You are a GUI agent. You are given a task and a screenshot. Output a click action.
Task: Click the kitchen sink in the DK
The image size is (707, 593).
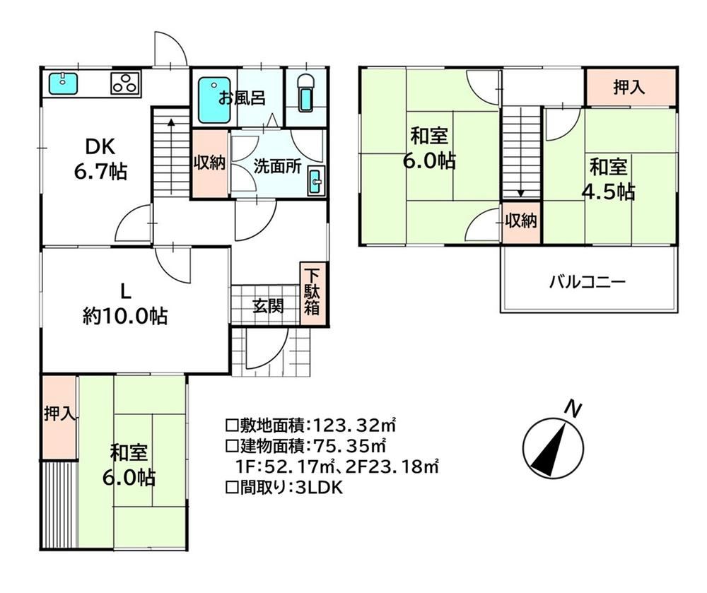point(62,83)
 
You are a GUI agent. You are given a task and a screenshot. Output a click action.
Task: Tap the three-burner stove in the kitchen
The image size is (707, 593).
point(125,83)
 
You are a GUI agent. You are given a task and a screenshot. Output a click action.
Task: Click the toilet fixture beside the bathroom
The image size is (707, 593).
point(306,93)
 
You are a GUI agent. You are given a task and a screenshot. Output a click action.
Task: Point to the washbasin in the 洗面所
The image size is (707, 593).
point(316,181)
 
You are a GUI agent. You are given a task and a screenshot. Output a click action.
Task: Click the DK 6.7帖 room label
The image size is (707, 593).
point(100,159)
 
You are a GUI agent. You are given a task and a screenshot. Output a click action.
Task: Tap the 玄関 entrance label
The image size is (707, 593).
point(268,306)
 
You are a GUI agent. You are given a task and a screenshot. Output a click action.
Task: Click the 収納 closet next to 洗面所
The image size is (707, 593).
point(210,163)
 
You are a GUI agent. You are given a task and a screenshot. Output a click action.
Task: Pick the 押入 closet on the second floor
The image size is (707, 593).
point(631,88)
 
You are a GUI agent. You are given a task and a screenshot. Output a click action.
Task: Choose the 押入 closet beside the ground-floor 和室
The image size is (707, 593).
point(59,416)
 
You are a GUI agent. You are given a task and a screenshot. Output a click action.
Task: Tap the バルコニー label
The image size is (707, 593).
point(588,283)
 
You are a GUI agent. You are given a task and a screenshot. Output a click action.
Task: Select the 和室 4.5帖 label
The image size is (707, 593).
point(609,180)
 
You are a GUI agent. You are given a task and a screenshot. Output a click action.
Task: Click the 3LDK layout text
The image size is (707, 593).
point(319,487)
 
